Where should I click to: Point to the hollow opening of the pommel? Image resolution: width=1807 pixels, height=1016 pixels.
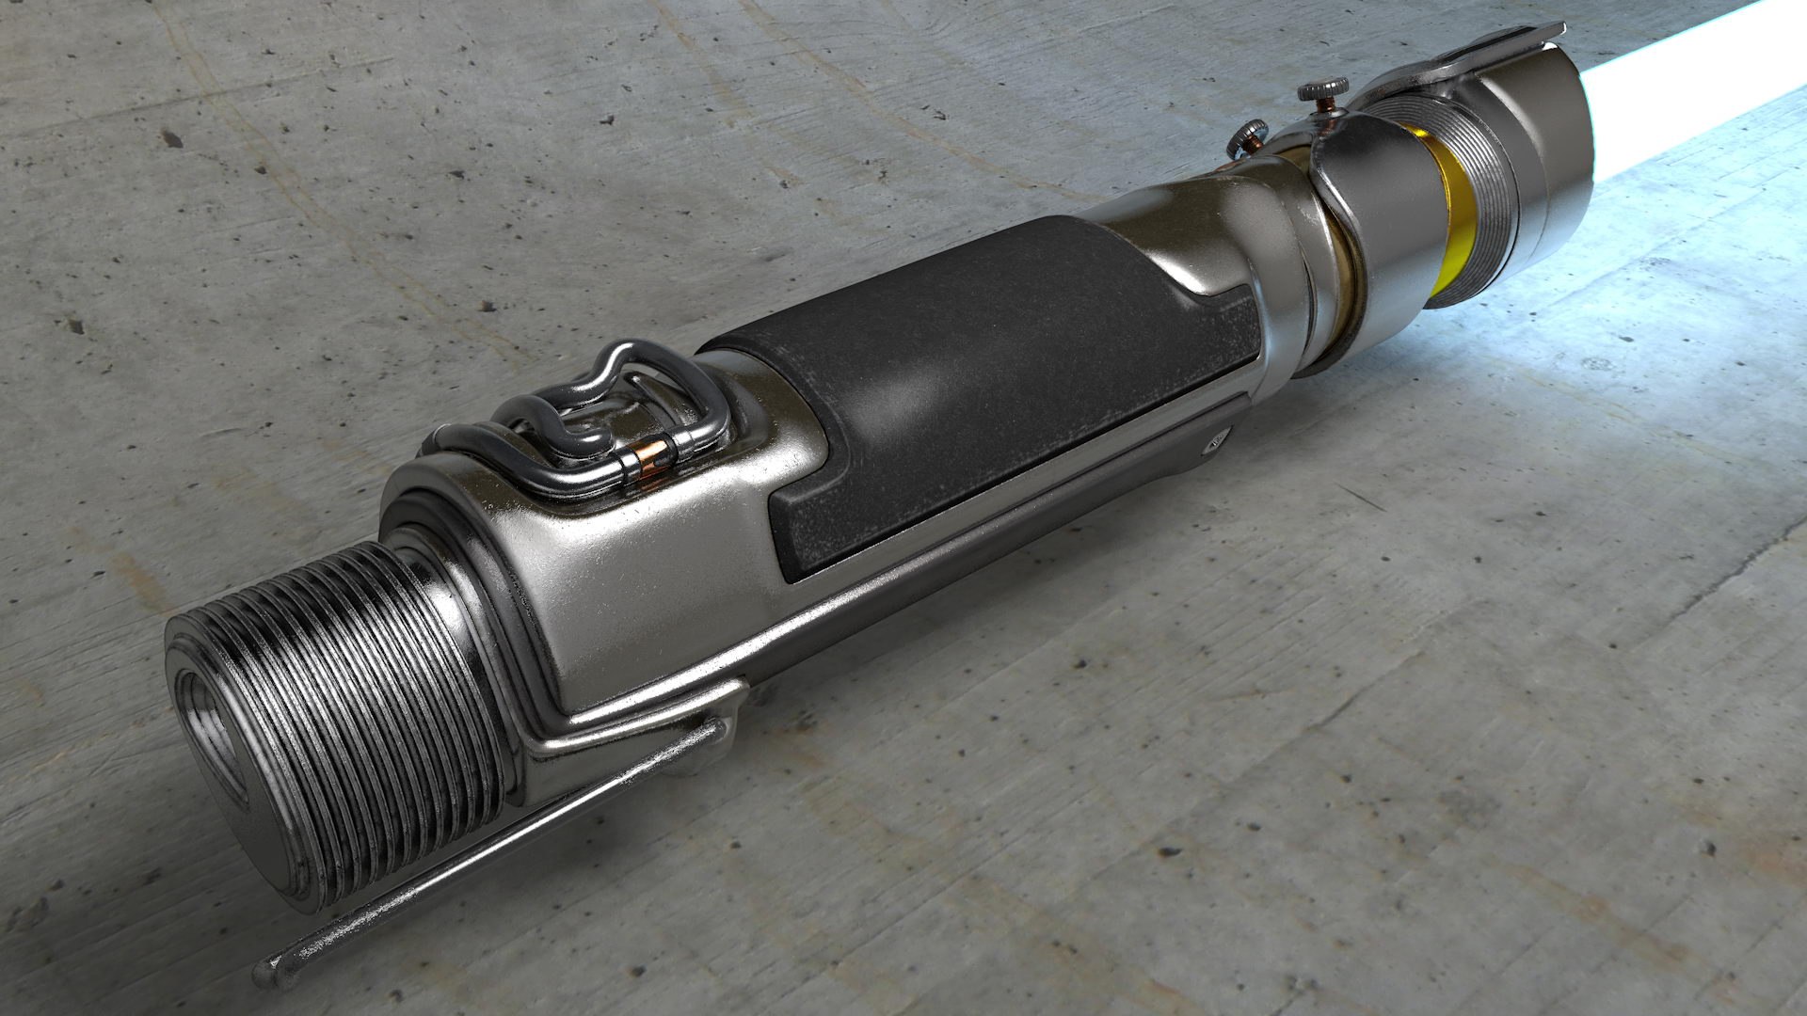pos(209,733)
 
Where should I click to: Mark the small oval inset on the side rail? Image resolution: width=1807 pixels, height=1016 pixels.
pos(1218,438)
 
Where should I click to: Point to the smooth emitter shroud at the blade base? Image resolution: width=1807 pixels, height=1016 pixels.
pos(1553,132)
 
